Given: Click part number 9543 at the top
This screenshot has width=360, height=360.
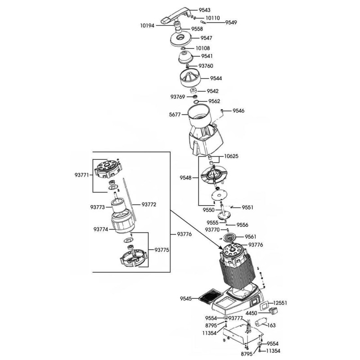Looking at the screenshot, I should pos(204,10).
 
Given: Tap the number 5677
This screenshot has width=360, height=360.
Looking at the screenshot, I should pos(175,115).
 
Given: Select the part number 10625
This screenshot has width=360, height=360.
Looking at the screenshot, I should pos(232,157).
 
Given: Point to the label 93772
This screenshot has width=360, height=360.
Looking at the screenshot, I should pos(149,204).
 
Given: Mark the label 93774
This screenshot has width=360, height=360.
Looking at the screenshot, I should pos(101,229).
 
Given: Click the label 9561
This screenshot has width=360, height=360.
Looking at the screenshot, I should pos(251,237).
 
